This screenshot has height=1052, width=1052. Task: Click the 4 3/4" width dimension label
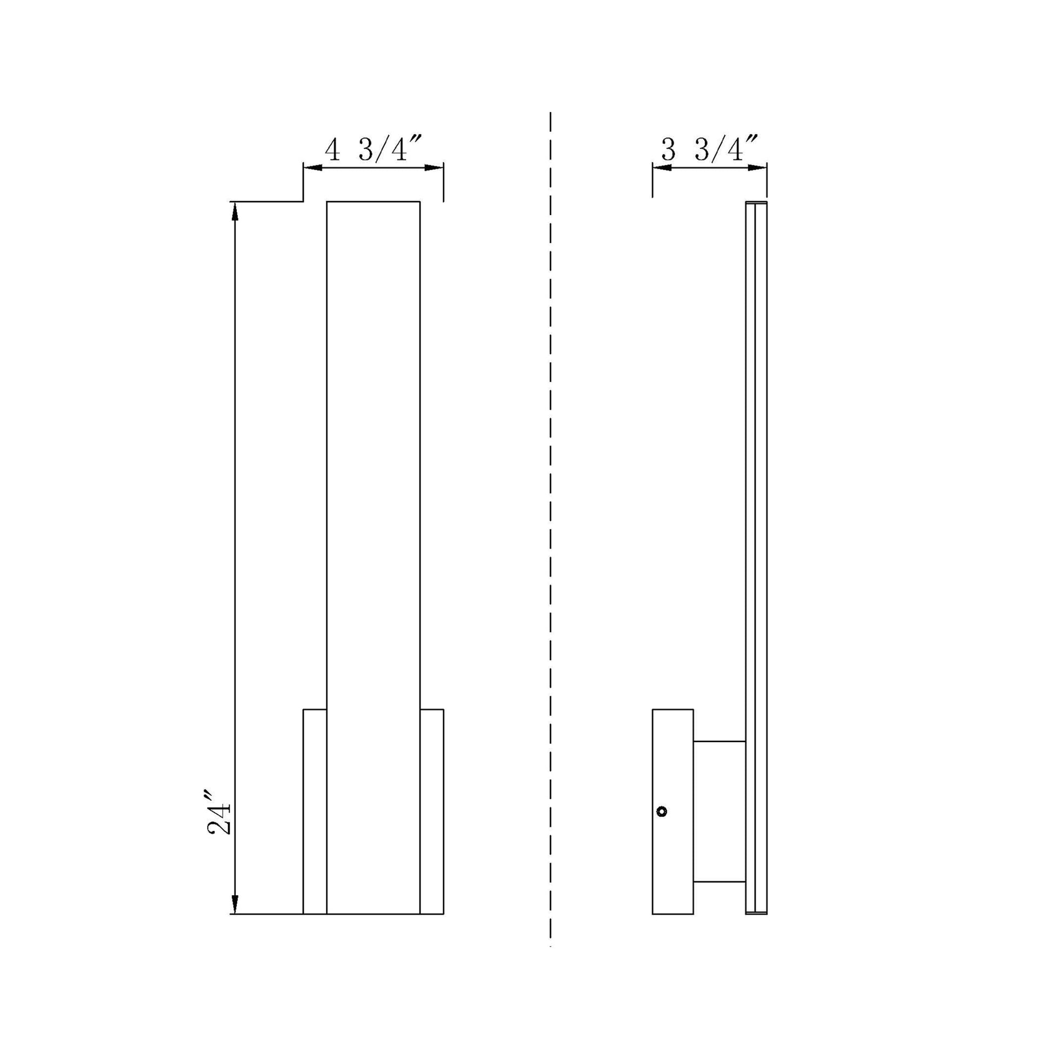click(x=374, y=150)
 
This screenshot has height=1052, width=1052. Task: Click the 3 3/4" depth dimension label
click(x=709, y=150)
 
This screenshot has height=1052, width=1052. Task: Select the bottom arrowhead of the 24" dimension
click(x=235, y=904)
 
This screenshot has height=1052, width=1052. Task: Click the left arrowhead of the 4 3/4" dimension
click(x=313, y=167)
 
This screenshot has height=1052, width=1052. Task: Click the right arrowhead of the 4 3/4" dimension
click(x=434, y=167)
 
